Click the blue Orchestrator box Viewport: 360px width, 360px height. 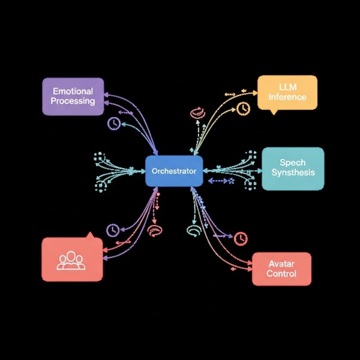174,171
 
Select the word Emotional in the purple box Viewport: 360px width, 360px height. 73,91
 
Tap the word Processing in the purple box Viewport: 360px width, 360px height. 73,101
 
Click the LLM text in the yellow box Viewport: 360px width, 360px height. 287,88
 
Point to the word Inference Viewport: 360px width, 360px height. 287,97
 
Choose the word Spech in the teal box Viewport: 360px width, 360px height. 292,163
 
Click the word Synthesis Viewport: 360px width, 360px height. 293,173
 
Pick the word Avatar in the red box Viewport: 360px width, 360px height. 281,264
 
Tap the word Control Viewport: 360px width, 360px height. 281,274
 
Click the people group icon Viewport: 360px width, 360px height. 71,260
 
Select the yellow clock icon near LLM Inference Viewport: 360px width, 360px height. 243,109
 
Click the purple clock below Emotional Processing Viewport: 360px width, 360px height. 113,124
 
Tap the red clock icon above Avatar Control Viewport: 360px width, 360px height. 241,238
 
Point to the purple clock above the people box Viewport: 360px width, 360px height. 112,230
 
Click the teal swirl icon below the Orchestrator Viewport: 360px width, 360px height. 193,230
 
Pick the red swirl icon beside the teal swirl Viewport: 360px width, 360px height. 154,230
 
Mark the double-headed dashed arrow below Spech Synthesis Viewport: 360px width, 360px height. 220,180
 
